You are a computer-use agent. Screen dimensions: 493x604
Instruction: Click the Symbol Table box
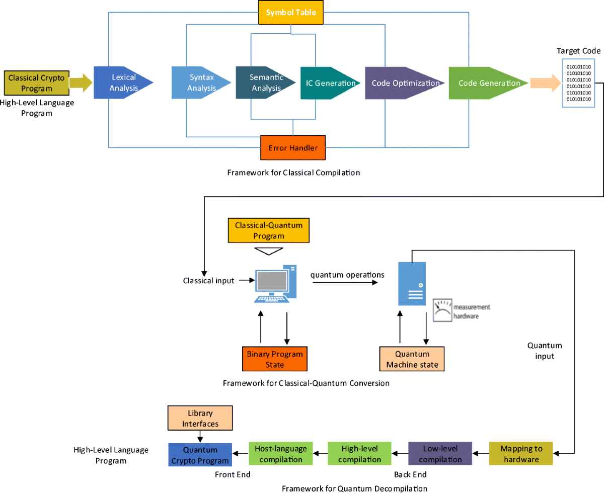coord(291,13)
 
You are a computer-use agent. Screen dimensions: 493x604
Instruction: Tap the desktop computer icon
coord(274,284)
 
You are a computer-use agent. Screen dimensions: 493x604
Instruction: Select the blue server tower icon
coord(412,283)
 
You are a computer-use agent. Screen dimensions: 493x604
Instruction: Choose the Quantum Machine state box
coord(412,359)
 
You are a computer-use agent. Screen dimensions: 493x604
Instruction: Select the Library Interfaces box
coord(200,418)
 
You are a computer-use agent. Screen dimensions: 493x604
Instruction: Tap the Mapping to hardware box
coord(521,454)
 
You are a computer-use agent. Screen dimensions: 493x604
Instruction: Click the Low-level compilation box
coord(440,454)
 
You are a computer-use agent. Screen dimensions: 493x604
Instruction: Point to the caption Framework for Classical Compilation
coord(293,173)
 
